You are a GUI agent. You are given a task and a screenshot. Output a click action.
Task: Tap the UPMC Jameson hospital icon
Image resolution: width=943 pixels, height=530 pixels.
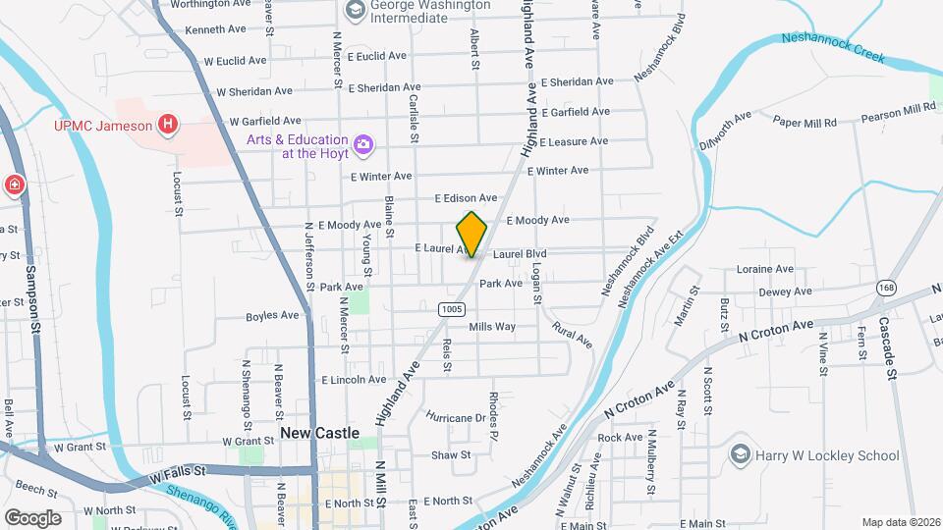pyautogui.click(x=169, y=125)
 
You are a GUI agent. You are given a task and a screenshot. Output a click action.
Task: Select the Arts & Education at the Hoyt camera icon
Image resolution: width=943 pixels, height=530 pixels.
pyautogui.click(x=363, y=145)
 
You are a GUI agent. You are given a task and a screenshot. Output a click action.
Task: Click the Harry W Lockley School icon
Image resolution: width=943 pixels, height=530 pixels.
pyautogui.click(x=740, y=454)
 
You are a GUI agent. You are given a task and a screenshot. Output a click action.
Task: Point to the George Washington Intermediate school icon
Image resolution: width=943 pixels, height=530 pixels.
pyautogui.click(x=354, y=11)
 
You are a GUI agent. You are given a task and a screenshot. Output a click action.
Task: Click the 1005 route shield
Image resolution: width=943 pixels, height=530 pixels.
pyautogui.click(x=451, y=309)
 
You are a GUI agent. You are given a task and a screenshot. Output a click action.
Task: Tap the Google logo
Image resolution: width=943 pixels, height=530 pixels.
pyautogui.click(x=32, y=517)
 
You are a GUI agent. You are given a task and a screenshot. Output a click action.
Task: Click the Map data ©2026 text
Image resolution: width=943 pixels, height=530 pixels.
pyautogui.click(x=901, y=522)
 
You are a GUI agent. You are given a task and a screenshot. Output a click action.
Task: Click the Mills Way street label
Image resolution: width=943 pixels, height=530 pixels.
pyautogui.click(x=492, y=327)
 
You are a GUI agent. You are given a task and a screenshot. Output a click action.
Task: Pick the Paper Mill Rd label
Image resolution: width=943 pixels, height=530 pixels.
pyautogui.click(x=804, y=123)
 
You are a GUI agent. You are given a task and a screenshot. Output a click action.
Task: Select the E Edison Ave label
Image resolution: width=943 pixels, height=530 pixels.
pyautogui.click(x=466, y=198)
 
